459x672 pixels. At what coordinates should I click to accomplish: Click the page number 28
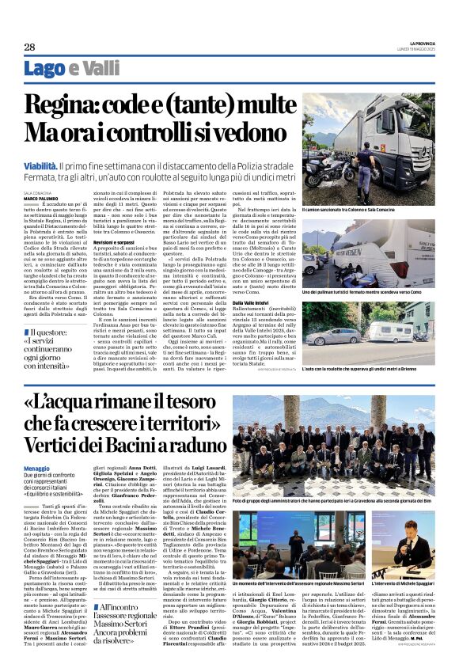click(29, 47)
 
